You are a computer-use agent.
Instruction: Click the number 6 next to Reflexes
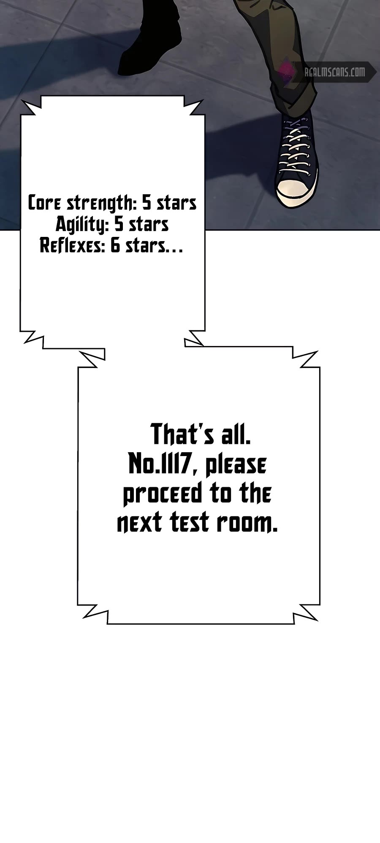point(115,246)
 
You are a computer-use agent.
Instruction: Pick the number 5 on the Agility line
point(119,225)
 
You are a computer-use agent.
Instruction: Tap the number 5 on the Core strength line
point(146,204)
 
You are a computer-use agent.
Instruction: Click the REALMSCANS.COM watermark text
point(335,72)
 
